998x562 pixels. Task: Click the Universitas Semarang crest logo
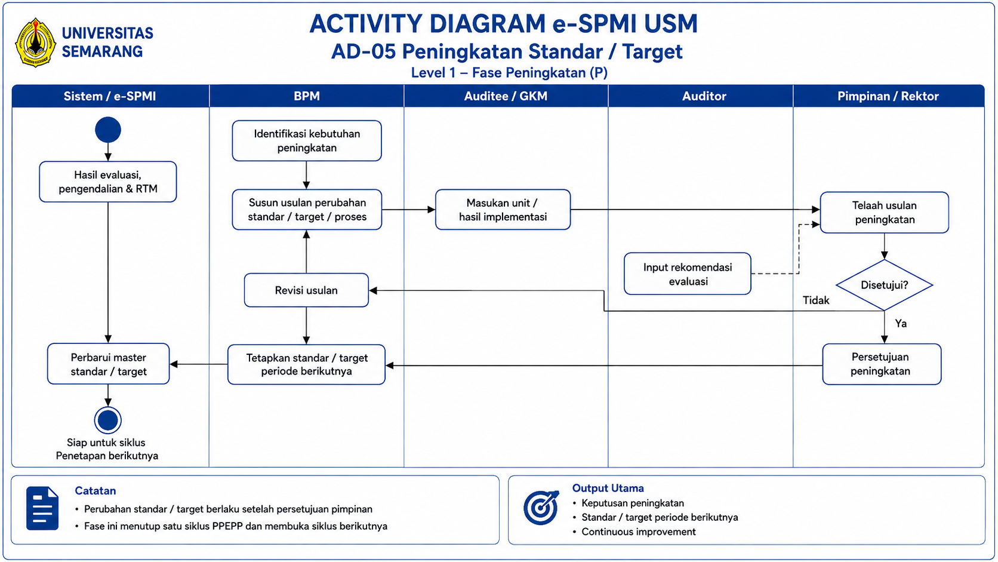pos(36,43)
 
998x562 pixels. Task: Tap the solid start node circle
pos(108,130)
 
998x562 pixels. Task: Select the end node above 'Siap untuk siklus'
pos(108,420)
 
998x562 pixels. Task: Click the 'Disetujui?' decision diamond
pos(884,285)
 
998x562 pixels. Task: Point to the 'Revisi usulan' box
pos(307,290)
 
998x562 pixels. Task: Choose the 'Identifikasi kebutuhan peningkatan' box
pos(307,141)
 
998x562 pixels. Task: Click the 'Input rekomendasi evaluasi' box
pos(688,274)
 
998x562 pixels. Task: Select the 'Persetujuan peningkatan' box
pos(882,364)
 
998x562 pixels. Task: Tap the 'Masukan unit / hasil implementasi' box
pos(503,210)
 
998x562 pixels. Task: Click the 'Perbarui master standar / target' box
pos(108,364)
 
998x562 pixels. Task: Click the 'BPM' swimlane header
pos(307,96)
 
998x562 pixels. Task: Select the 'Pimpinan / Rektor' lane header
pos(889,96)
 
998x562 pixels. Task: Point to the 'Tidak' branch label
pos(816,300)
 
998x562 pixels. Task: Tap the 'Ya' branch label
pos(901,324)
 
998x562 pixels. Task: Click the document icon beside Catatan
pos(42,508)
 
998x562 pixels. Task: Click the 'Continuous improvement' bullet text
pos(639,532)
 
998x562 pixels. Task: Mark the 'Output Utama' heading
pos(608,488)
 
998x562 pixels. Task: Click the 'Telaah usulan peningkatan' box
pos(885,213)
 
